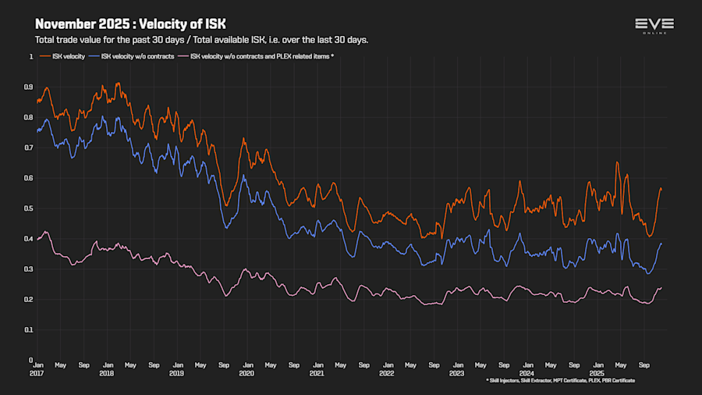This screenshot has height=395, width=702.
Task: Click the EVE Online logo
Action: (x=654, y=26)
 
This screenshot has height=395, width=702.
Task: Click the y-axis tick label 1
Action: (x=31, y=57)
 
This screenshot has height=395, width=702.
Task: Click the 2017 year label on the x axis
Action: (x=37, y=373)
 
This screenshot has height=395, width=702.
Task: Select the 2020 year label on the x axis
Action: (x=247, y=373)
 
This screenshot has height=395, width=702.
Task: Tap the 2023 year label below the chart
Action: (x=458, y=373)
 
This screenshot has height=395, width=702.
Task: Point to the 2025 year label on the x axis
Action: (x=598, y=373)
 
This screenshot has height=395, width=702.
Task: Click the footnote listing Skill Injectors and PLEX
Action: (x=560, y=380)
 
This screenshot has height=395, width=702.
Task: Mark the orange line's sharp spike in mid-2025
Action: (x=618, y=162)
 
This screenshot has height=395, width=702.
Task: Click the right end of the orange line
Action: (x=661, y=189)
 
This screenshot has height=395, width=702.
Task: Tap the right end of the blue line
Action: (x=661, y=244)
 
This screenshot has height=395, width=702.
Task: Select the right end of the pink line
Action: (x=661, y=288)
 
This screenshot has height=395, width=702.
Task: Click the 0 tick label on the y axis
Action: (x=31, y=360)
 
